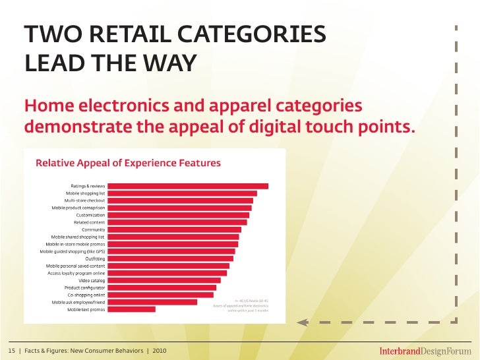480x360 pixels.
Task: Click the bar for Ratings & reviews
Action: (x=188, y=186)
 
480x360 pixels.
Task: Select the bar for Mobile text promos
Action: (x=131, y=309)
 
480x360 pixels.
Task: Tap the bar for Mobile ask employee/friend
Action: (x=152, y=302)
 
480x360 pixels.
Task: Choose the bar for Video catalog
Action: (x=164, y=280)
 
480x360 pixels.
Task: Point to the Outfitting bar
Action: (x=169, y=258)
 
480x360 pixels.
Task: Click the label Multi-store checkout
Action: (x=84, y=200)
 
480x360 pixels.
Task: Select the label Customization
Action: (x=90, y=215)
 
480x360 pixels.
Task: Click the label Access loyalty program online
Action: (x=76, y=273)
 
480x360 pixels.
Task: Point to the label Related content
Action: (x=89, y=222)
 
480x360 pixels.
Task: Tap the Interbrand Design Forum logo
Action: (x=421, y=349)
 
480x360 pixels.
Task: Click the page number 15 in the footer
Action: (x=11, y=349)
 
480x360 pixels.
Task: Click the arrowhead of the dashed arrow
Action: (x=302, y=322)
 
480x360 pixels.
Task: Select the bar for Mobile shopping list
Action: (x=182, y=193)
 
